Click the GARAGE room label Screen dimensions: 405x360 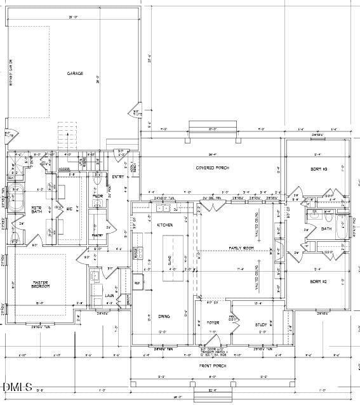pos(76,74)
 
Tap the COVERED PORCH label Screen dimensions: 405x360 pos(213,168)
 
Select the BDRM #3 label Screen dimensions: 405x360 pos(318,169)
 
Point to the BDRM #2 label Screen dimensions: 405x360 pos(318,281)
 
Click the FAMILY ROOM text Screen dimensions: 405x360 pos(241,248)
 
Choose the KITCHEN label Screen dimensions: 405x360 pos(165,225)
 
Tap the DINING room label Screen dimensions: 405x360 pos(164,316)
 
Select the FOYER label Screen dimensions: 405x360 pos(213,323)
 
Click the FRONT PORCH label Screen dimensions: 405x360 pos(213,366)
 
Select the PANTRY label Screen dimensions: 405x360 pos(97,236)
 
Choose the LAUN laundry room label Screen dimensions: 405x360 pos(109,295)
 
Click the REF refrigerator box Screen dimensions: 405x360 pos(137,283)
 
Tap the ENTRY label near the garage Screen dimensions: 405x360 pos(118,176)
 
